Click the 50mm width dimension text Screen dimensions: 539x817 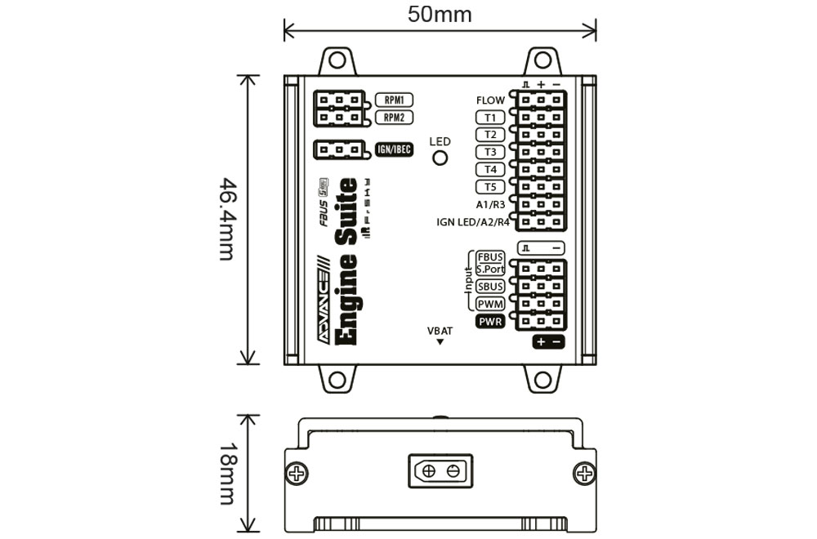[440, 14]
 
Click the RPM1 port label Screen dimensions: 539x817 [394, 100]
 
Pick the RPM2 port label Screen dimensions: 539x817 [394, 118]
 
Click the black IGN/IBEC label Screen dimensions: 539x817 [393, 149]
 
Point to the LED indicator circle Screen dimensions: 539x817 [440, 158]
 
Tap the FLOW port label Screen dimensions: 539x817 [490, 100]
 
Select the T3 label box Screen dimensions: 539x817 [490, 152]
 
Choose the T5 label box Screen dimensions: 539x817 [490, 187]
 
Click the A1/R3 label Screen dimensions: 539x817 [490, 204]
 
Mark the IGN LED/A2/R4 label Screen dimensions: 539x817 [473, 221]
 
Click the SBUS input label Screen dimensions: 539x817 [490, 287]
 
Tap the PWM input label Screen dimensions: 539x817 [490, 305]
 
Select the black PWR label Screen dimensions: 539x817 [490, 322]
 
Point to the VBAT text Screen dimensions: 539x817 [440, 331]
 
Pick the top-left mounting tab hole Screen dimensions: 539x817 [337, 60]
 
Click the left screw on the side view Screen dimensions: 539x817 [297, 473]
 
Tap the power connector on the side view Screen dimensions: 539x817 [440, 471]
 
